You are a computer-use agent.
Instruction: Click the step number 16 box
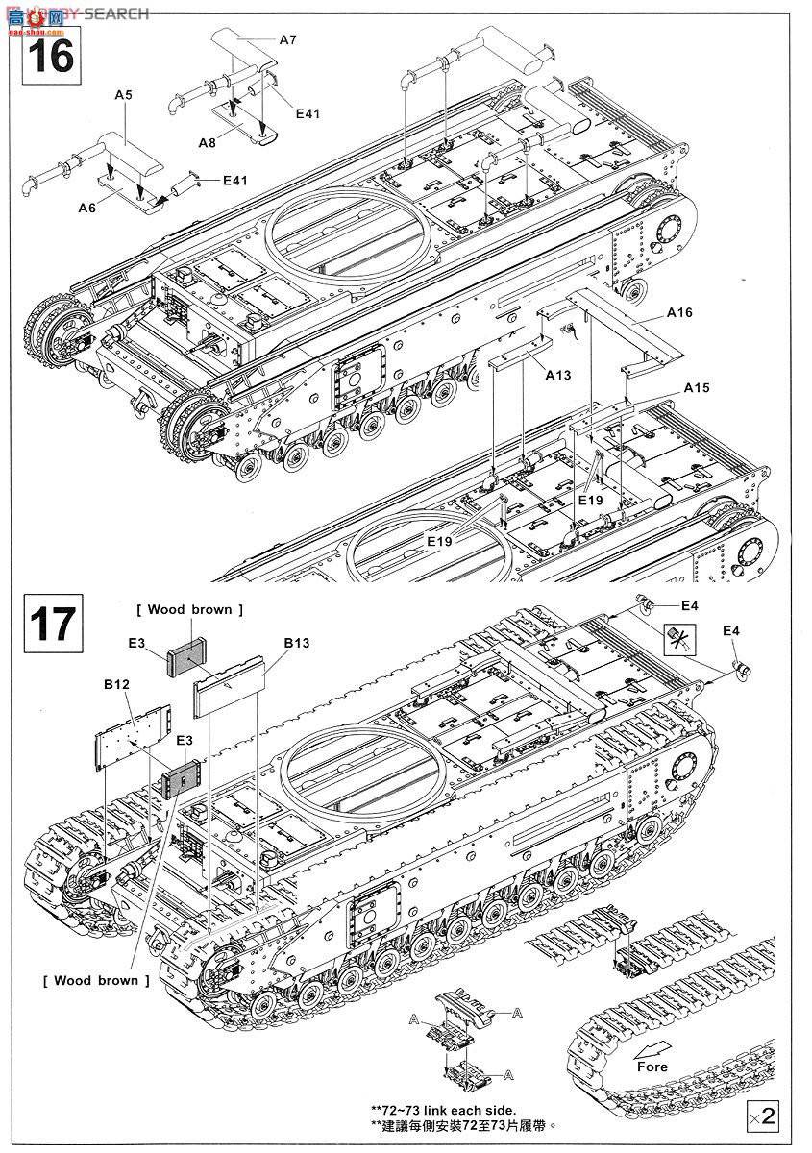pyautogui.click(x=48, y=57)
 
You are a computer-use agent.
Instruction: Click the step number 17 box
pyautogui.click(x=49, y=622)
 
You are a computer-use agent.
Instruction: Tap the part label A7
pyautogui.click(x=288, y=40)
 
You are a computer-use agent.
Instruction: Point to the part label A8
pyautogui.click(x=207, y=142)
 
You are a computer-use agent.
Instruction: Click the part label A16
pyautogui.click(x=678, y=313)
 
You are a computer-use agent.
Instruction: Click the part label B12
pyautogui.click(x=115, y=686)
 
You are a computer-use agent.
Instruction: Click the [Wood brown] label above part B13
pyautogui.click(x=190, y=610)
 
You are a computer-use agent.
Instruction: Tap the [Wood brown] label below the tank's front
pyautogui.click(x=96, y=980)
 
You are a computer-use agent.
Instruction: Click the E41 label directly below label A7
pyautogui.click(x=308, y=113)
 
